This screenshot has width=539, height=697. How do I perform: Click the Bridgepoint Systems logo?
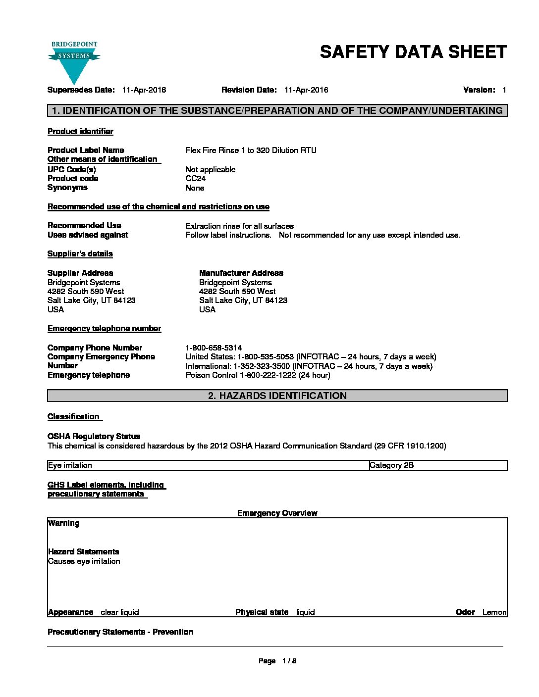pyautogui.click(x=74, y=62)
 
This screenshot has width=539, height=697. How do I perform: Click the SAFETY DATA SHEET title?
pyautogui.click(x=413, y=52)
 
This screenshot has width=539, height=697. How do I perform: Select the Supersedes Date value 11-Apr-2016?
pyautogui.click(x=144, y=90)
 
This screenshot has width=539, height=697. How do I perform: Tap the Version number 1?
pyautogui.click(x=504, y=90)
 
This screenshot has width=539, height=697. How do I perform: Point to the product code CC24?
pyautogui.click(x=196, y=179)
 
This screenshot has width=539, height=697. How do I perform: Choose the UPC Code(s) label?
pyautogui.click(x=72, y=170)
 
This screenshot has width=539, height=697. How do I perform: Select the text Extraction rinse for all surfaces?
pyautogui.click(x=240, y=226)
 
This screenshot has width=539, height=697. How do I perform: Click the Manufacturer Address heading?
pyautogui.click(x=241, y=273)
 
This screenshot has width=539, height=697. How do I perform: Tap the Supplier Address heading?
pyautogui.click(x=80, y=273)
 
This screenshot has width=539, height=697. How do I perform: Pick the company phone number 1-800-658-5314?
pyautogui.click(x=214, y=348)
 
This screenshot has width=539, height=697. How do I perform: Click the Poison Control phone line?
pyautogui.click(x=258, y=375)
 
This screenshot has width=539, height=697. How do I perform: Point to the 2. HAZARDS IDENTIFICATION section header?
pyautogui.click(x=277, y=396)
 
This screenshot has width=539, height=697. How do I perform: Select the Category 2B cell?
pyautogui.click(x=391, y=465)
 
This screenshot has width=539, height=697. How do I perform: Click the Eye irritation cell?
pyautogui.click(x=70, y=465)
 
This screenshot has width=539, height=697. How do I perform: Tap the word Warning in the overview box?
pyautogui.click(x=63, y=523)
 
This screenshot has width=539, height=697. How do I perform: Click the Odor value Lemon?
pyautogui.click(x=494, y=612)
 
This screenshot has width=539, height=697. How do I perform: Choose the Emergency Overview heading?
pyautogui.click(x=277, y=513)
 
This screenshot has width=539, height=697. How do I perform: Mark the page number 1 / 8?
pyautogui.click(x=289, y=661)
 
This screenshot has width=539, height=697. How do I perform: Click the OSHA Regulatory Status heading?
pyautogui.click(x=94, y=437)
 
